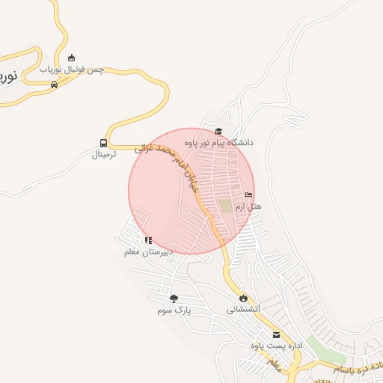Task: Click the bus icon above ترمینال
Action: [103, 143]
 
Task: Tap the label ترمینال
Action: [105, 155]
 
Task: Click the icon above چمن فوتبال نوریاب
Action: [72, 58]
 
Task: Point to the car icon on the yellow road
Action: [54, 85]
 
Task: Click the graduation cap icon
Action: [218, 132]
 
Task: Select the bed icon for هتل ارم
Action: [248, 195]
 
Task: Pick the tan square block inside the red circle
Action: [225, 205]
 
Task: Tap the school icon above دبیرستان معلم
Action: [148, 240]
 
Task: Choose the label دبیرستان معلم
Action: [148, 252]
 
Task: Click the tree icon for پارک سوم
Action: [174, 298]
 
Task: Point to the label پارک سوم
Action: [175, 310]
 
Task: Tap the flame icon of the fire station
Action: [243, 298]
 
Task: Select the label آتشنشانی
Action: [243, 309]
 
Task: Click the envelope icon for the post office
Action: [276, 334]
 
